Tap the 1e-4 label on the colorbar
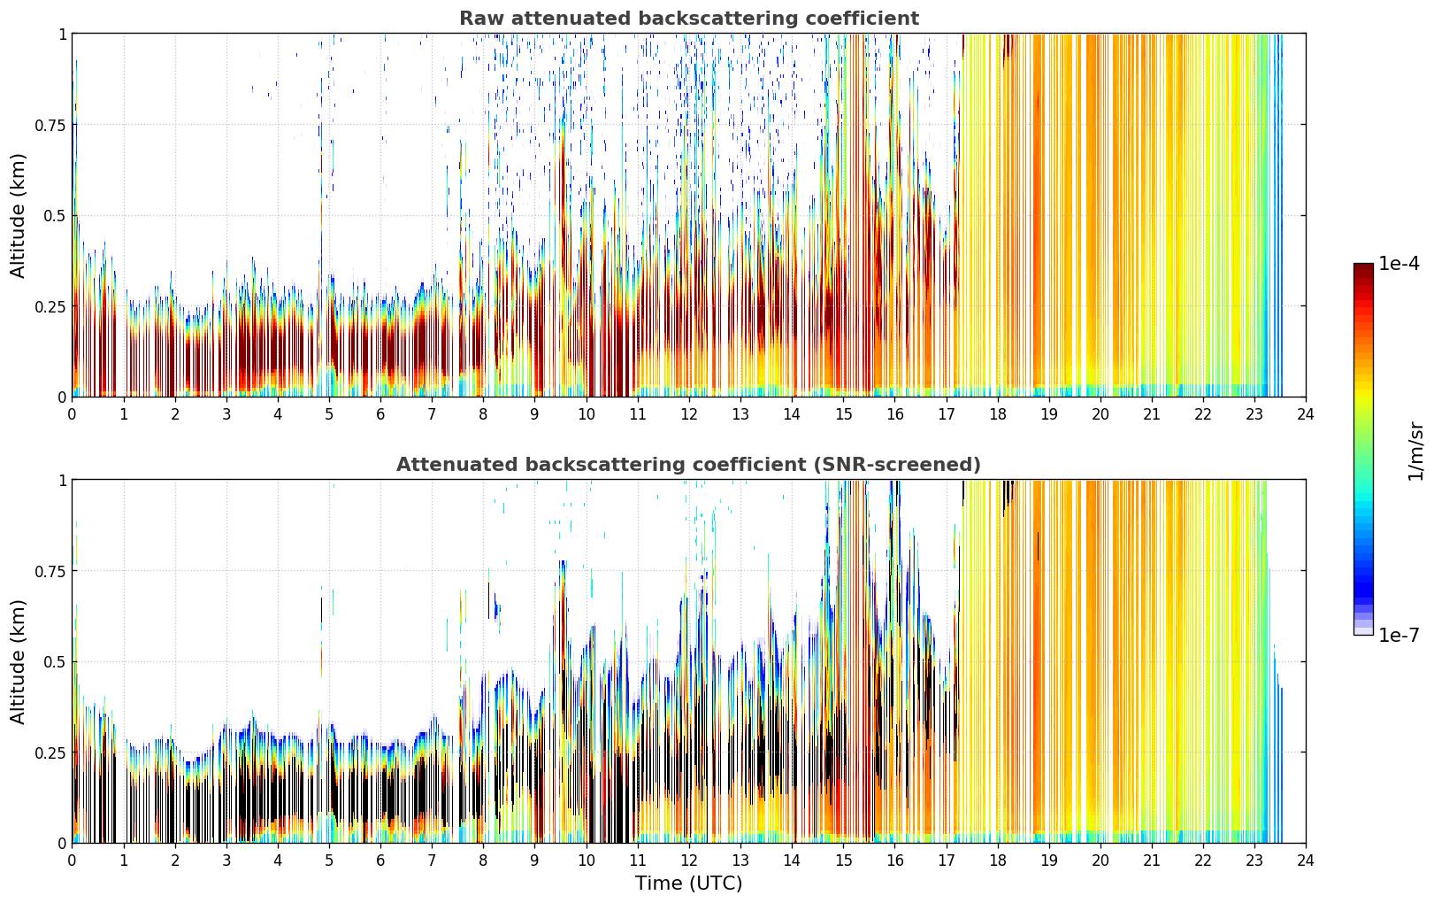tap(1399, 264)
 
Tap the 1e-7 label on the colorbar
tap(1399, 636)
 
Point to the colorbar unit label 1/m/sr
tap(1415, 451)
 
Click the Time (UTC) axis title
tap(689, 884)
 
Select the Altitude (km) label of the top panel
tap(18, 216)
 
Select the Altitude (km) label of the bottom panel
tap(18, 661)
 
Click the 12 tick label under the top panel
tap(689, 414)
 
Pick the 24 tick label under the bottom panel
tap(1306, 861)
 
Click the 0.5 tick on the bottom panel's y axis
tap(55, 661)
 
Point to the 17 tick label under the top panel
tap(947, 414)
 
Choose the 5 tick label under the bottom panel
tap(329, 861)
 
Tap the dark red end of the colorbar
tap(1363, 266)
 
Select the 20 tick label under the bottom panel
tap(1100, 861)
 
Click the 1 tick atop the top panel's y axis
tap(63, 35)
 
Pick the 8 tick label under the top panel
tap(483, 414)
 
